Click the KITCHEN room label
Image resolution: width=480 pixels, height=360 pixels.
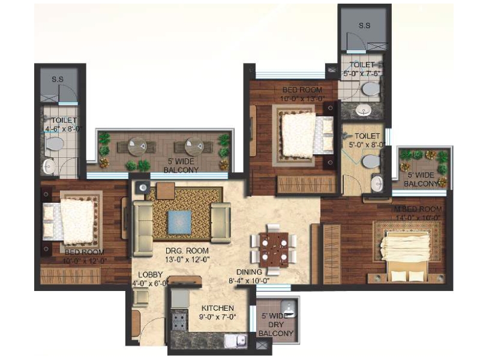click(x=218, y=308)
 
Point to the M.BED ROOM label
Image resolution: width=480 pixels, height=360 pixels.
click(x=417, y=209)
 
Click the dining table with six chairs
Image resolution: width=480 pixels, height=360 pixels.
click(x=273, y=247)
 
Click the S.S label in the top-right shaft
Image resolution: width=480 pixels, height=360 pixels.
click(x=364, y=26)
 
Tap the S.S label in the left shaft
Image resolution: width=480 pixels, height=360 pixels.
click(x=58, y=79)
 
